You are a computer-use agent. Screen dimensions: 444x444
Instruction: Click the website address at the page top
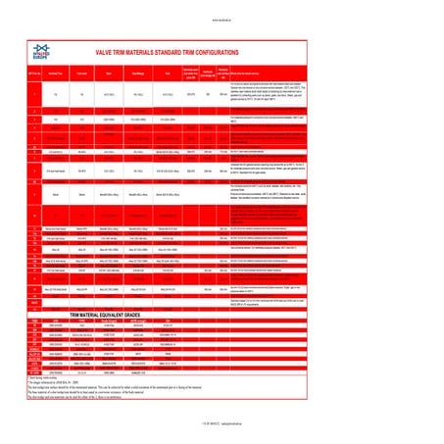coord(222,18)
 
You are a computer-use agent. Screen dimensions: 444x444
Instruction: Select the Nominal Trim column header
coord(61,73)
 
